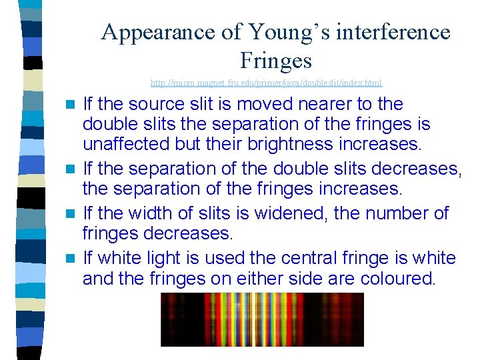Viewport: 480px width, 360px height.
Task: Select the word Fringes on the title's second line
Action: (x=275, y=61)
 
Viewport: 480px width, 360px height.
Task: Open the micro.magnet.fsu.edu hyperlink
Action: (x=266, y=83)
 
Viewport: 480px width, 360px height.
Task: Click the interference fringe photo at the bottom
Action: (x=262, y=319)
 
